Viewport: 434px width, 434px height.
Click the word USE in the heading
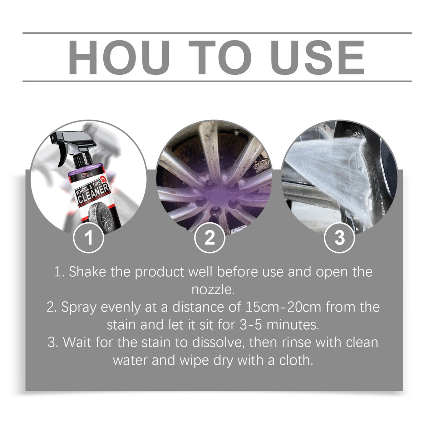pos(317,58)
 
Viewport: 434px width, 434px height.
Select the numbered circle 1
pos(89,238)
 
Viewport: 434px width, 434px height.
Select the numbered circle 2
pos(210,238)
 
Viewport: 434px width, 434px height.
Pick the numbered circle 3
pos(339,238)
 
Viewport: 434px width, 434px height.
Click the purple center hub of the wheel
pos(218,196)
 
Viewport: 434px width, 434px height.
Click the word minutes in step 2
pos(292,325)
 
